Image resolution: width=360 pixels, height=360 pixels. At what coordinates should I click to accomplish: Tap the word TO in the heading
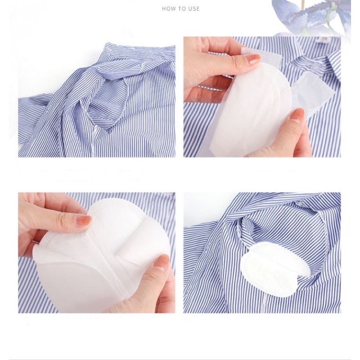click(180, 9)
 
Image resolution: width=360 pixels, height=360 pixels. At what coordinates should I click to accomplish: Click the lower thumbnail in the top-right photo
click(297, 116)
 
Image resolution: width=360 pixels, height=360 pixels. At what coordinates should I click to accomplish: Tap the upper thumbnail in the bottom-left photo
click(83, 220)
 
